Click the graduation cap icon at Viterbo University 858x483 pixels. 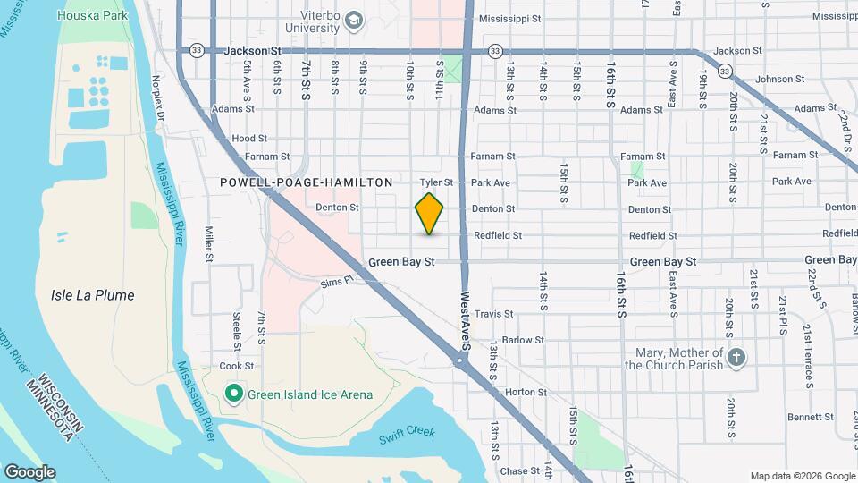[x=354, y=20]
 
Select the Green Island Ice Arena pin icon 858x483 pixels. [x=233, y=394]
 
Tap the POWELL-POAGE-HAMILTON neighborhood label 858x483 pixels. [x=307, y=182]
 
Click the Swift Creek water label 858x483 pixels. [x=407, y=433]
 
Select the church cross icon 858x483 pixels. [x=736, y=358]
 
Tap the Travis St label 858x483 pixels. [x=494, y=314]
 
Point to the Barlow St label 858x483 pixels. [x=523, y=340]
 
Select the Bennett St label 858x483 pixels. [x=812, y=417]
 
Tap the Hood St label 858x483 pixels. [x=249, y=139]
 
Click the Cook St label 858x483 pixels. [x=237, y=366]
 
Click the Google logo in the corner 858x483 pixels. [x=29, y=472]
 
